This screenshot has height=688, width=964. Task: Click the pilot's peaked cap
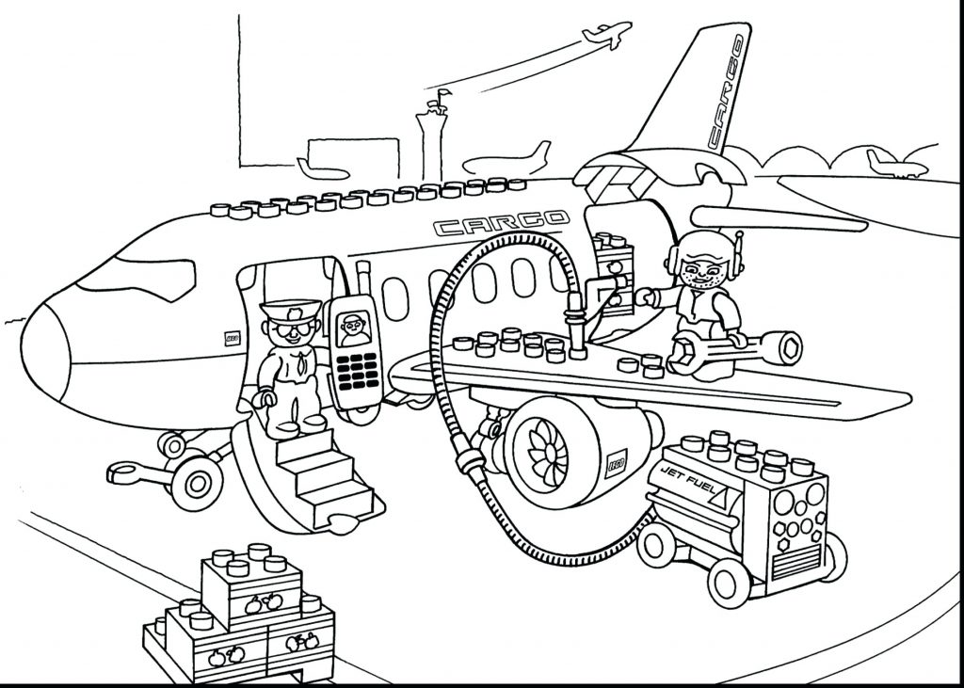click(281, 311)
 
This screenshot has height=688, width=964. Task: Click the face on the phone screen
click(354, 325)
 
